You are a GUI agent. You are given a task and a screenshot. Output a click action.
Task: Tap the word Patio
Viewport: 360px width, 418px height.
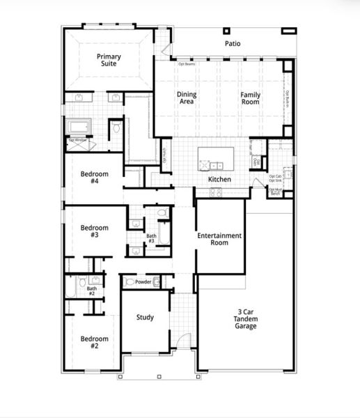[x=233, y=43]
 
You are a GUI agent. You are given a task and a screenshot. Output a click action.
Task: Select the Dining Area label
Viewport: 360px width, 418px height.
[x=186, y=98]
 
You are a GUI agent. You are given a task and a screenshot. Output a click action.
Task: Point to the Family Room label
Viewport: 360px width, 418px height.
[x=250, y=98]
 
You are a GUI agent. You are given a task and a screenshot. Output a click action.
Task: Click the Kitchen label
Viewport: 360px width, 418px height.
[x=219, y=180]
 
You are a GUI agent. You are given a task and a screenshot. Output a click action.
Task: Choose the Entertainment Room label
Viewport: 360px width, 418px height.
[x=219, y=239]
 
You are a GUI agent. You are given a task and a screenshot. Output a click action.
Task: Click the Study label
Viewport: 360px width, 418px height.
[x=145, y=318]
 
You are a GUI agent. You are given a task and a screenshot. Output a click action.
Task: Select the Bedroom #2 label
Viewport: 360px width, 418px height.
[x=94, y=342]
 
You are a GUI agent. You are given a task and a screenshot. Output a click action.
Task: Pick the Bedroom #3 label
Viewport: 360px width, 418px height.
[x=94, y=231]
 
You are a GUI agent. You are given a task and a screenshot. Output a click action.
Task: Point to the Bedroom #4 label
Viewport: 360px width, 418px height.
[x=94, y=177]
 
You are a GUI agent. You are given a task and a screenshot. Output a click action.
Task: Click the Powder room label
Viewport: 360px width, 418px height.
[x=143, y=282]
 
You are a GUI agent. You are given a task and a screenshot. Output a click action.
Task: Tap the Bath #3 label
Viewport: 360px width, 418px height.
[x=151, y=238]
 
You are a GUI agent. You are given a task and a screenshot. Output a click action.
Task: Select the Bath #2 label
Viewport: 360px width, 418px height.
[x=91, y=291]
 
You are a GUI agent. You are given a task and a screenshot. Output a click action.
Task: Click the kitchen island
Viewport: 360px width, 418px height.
[x=219, y=159]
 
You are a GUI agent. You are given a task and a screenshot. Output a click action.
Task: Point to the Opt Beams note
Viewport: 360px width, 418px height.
[x=186, y=64]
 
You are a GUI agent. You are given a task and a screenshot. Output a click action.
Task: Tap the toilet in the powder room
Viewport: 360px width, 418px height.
[x=130, y=282]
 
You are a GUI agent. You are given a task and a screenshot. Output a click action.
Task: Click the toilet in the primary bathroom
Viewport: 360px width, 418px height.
[x=116, y=129]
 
